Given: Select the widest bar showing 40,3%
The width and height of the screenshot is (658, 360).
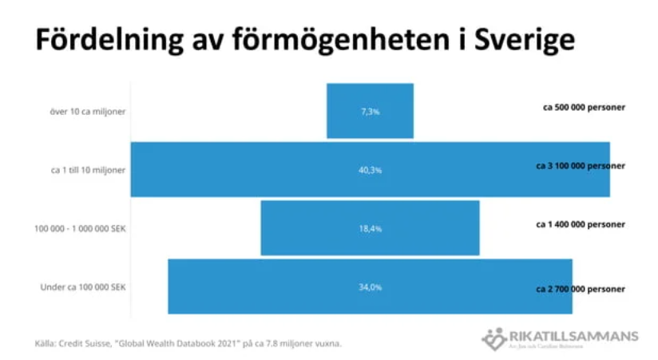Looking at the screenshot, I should tap(240, 169).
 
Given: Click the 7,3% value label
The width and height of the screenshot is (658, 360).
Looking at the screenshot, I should tap(370, 112).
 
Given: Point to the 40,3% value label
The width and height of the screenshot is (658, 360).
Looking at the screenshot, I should tap(370, 169).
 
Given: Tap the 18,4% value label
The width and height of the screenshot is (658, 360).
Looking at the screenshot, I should tap(370, 228).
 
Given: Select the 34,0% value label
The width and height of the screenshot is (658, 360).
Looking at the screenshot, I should tap(370, 287).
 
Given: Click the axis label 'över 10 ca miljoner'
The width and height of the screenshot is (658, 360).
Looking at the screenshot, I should tap(87, 111).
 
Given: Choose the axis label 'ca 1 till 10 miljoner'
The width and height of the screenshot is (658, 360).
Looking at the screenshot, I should tap(85, 169).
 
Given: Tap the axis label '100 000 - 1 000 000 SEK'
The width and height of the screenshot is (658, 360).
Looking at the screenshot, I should tap(80, 228).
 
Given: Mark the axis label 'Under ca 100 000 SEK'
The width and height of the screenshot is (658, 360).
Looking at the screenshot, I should tap(83, 287).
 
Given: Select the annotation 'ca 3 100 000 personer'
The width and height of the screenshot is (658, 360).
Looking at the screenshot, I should tap(580, 166).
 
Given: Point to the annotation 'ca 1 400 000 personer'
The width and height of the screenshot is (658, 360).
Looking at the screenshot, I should tap(580, 224).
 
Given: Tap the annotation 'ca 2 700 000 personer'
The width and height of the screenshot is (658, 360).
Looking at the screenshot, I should tap(580, 288).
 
